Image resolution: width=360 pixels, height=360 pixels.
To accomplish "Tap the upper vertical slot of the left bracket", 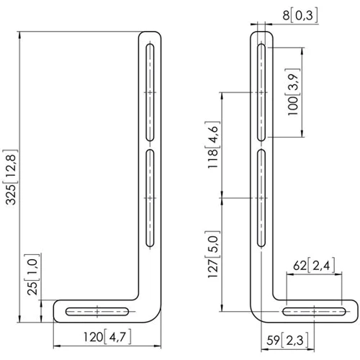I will point(150,92).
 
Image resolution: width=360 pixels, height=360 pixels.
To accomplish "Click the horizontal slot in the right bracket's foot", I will point(314,312).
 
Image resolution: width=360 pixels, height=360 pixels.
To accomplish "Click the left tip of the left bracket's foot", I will point(57,312).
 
